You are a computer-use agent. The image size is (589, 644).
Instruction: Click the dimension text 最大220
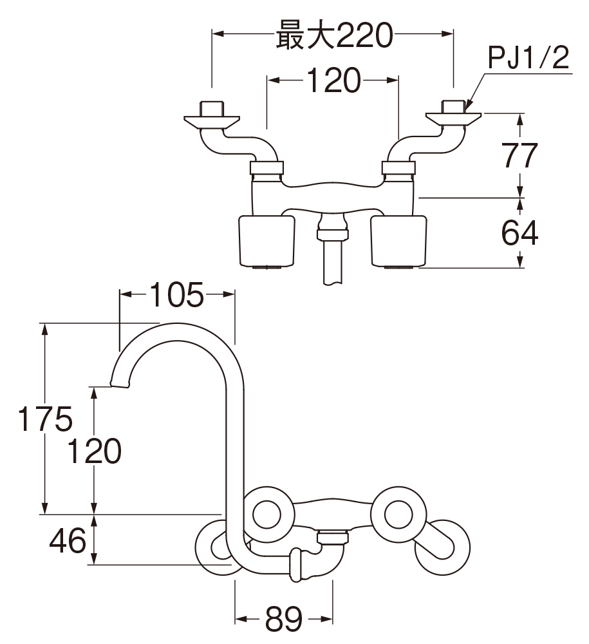(333, 36)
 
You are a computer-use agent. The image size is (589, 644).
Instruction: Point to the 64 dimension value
(519, 233)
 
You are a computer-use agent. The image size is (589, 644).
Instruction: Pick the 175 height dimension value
(44, 420)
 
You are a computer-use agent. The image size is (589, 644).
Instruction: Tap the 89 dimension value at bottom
(283, 620)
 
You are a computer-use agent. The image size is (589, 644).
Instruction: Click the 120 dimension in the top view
(332, 81)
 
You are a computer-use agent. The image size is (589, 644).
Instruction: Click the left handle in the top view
(266, 241)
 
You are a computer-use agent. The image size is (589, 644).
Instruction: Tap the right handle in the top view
(399, 241)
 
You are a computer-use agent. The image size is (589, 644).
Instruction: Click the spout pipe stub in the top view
(333, 261)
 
